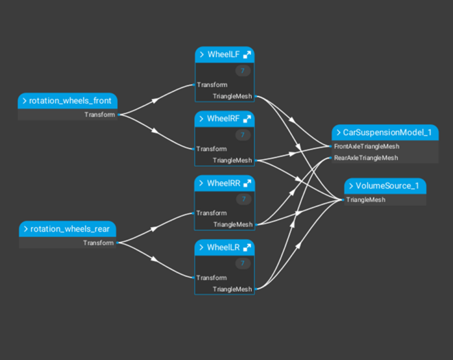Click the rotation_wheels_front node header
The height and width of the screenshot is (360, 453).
[x=70, y=101]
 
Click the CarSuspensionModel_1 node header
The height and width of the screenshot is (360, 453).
[x=386, y=133]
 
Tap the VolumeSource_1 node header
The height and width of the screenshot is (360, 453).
[x=387, y=186]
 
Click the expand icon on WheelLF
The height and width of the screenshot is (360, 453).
[x=247, y=55]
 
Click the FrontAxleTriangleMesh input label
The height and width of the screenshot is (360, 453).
[x=366, y=146]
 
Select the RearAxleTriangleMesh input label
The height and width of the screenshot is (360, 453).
[x=366, y=158]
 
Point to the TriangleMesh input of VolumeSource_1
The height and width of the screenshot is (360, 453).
[x=366, y=200]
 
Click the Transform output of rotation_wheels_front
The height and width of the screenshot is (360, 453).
[x=100, y=115]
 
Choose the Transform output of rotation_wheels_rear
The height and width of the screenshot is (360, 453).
[x=98, y=243]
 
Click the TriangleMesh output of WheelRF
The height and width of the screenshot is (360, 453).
[x=232, y=161]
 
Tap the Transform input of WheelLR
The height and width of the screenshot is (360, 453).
[x=212, y=278]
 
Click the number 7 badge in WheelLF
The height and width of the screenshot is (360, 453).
[x=243, y=71]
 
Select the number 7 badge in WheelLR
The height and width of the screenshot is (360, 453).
[x=243, y=264]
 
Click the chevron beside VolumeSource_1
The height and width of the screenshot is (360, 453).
[x=351, y=186]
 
